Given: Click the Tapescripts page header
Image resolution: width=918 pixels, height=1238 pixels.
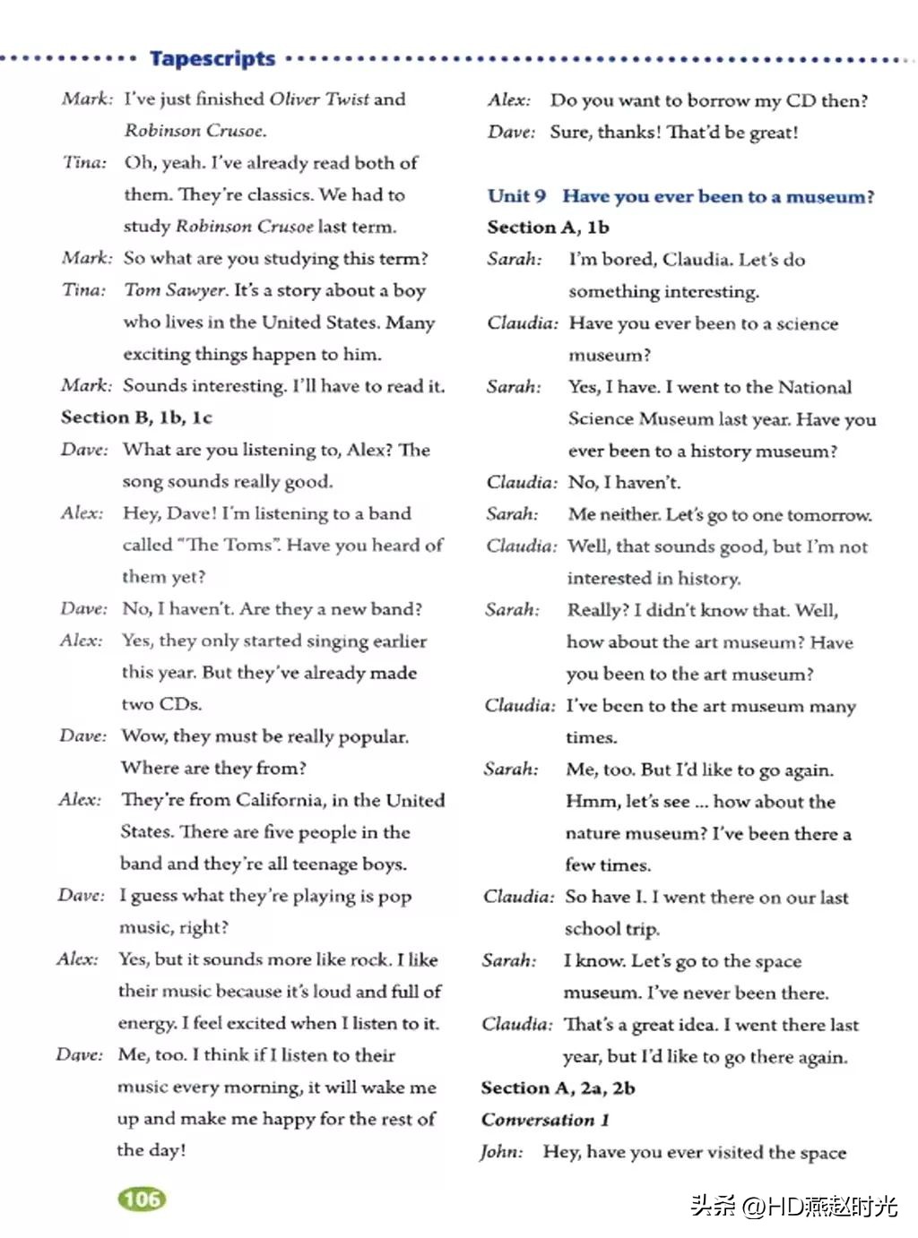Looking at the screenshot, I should pos(212,59).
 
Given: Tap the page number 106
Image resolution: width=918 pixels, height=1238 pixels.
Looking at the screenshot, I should pos(142,1199).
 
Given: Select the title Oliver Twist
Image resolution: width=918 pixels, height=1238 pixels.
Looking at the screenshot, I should pos(319,99).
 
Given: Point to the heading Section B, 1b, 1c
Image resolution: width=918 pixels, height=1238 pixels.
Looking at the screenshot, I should pos(136,417).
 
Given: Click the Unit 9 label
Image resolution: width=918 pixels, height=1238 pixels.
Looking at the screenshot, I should pos(516,196).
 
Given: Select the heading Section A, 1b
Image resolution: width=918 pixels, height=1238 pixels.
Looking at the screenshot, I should pos(548,228).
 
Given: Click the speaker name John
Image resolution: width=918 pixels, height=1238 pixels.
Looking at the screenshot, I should pos(501,1152).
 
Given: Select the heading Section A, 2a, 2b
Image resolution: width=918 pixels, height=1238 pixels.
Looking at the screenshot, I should pos(558,1088).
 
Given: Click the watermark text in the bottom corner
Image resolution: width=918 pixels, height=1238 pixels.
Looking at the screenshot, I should pos(793,1206).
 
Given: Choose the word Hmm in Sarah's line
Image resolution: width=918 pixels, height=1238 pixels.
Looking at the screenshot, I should pos(589,801).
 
